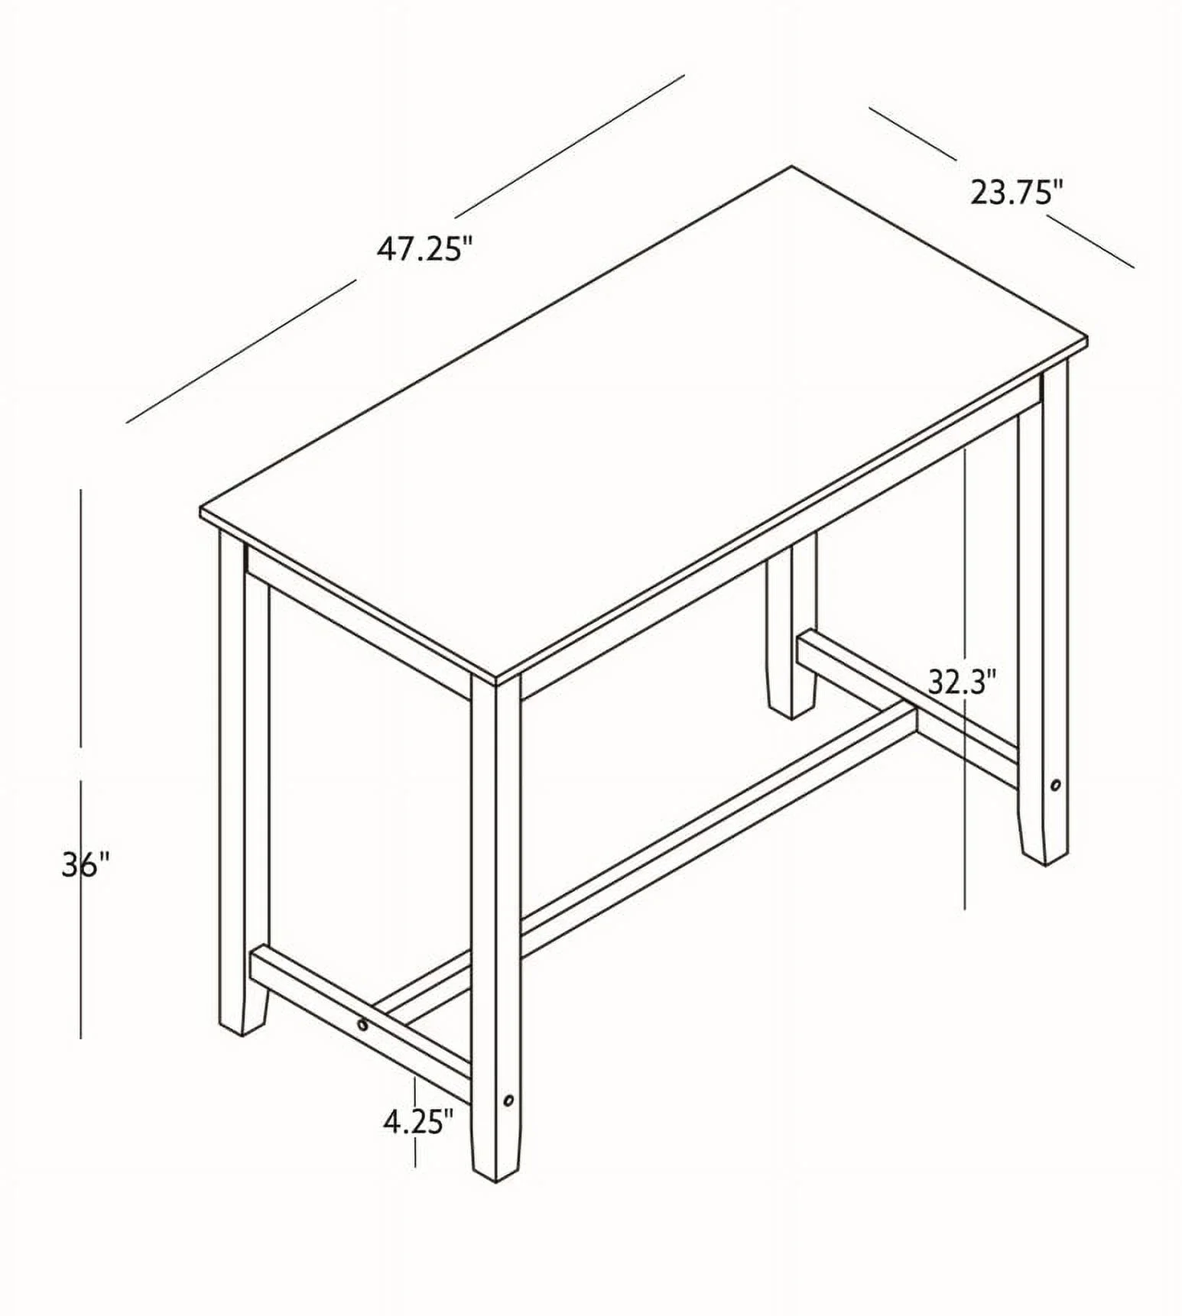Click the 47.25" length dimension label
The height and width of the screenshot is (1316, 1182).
425,250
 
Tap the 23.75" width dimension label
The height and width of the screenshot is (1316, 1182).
1018,193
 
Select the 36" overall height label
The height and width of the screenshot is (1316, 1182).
86,865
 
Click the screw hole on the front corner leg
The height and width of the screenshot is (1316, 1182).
508,1101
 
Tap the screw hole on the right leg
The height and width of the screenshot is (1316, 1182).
1056,785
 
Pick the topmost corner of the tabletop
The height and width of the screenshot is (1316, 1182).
791,167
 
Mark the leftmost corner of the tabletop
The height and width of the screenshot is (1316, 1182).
201,509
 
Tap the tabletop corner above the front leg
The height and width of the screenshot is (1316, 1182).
497,677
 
